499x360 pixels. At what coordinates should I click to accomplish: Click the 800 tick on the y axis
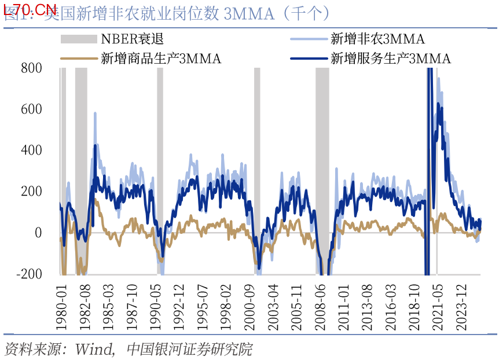pyautogui.click(x=31, y=68)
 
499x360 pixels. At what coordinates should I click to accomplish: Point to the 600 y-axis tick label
pyautogui.click(x=31, y=109)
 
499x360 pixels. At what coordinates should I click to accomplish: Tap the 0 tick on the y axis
pyautogui.click(x=38, y=233)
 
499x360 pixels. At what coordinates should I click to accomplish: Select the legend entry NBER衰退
pyautogui.click(x=133, y=39)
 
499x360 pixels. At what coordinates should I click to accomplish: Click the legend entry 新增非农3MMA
pyautogui.click(x=377, y=39)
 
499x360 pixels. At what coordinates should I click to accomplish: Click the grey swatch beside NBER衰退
pyautogui.click(x=79, y=39)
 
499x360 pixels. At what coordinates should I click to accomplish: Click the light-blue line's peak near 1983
pyautogui.click(x=95, y=113)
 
